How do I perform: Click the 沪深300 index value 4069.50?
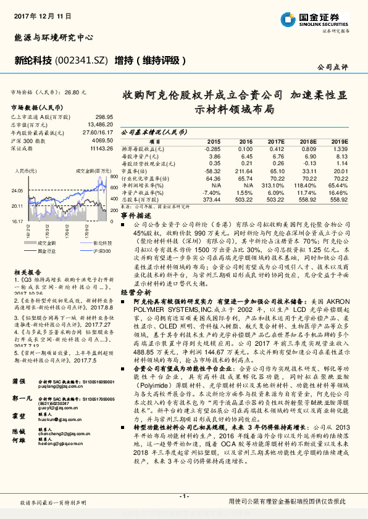(101, 141)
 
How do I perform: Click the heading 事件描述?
(134, 216)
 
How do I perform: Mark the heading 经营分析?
(134, 291)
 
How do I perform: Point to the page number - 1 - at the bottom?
(183, 497)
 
